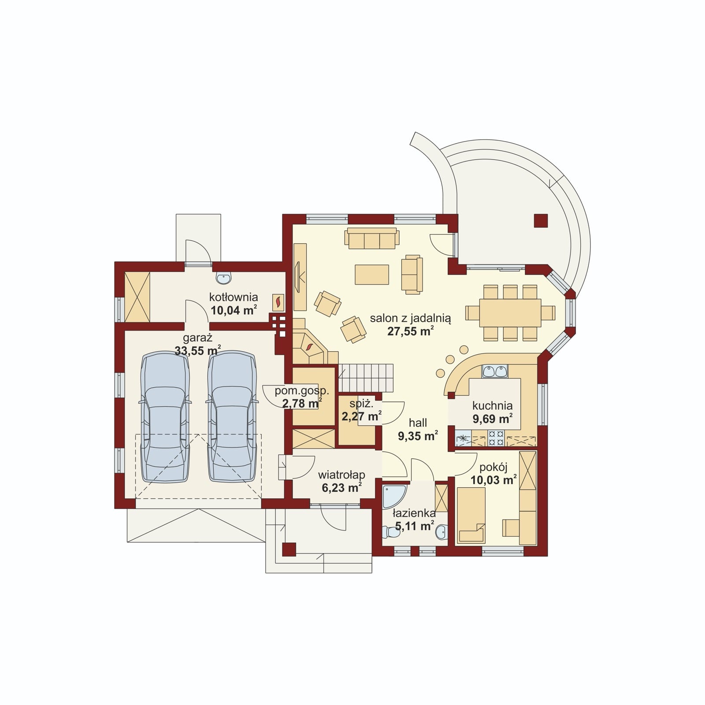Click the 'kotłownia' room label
coord(234,297)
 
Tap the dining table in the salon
coord(510,313)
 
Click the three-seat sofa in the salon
coord(372,238)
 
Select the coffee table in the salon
coord(372,275)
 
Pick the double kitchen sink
coord(495,371)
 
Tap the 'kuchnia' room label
coord(493,405)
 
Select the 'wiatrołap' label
coord(341,475)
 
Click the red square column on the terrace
coord(541,221)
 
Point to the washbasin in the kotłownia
coord(224,278)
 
